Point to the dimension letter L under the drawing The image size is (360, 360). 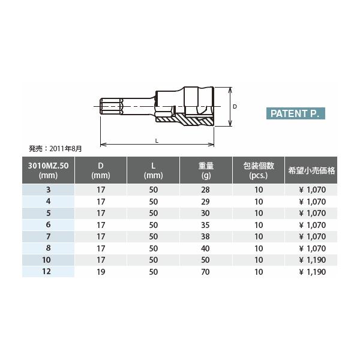tap(156, 140)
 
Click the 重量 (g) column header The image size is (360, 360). tap(206, 170)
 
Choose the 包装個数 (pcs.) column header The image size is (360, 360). tap(259, 170)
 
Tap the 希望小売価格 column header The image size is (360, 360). tap(311, 170)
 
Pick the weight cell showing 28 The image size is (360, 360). tap(206, 190)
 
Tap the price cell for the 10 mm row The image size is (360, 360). tap(311, 259)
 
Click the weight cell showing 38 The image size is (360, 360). tap(206, 236)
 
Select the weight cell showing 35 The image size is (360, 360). tap(206, 224)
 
